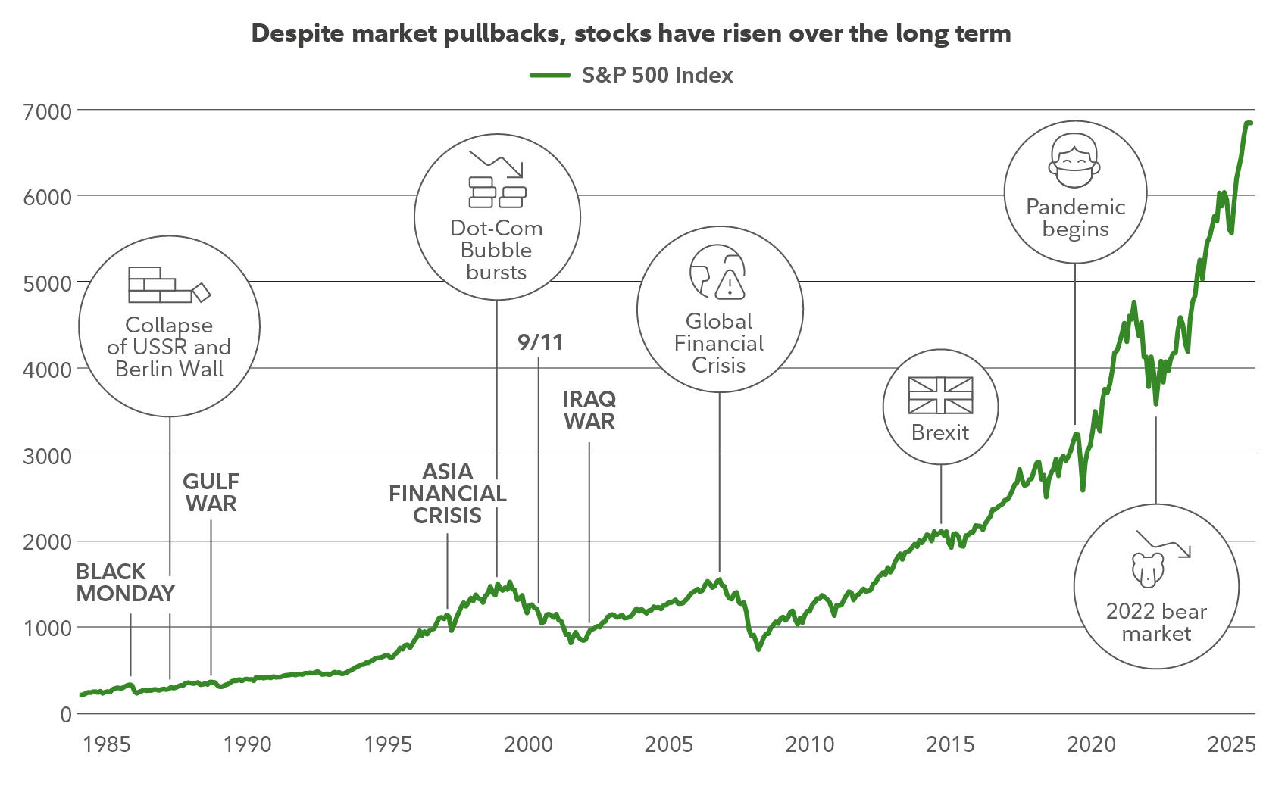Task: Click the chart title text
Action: pyautogui.click(x=631, y=33)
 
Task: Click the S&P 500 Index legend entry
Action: pyautogui.click(x=631, y=75)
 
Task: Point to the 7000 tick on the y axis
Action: pyautogui.click(x=47, y=111)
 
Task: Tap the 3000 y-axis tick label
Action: pyautogui.click(x=47, y=456)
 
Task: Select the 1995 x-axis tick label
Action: pyautogui.click(x=388, y=744)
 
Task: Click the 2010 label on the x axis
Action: pyautogui.click(x=809, y=744)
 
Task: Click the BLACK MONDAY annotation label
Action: pyautogui.click(x=125, y=582)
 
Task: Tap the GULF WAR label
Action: pyautogui.click(x=211, y=492)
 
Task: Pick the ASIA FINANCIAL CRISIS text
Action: pyautogui.click(x=447, y=493)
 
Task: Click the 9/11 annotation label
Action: pyautogui.click(x=540, y=342)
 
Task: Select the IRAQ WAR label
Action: pyautogui.click(x=589, y=410)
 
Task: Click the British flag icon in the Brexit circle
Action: pyautogui.click(x=940, y=395)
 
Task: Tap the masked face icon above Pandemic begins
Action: pyautogui.click(x=1074, y=161)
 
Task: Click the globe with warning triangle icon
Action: pyautogui.click(x=717, y=273)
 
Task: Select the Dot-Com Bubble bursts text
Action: pyautogui.click(x=496, y=250)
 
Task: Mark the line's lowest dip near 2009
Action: pyautogui.click(x=758, y=649)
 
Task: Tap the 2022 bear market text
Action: pyautogui.click(x=1156, y=622)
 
